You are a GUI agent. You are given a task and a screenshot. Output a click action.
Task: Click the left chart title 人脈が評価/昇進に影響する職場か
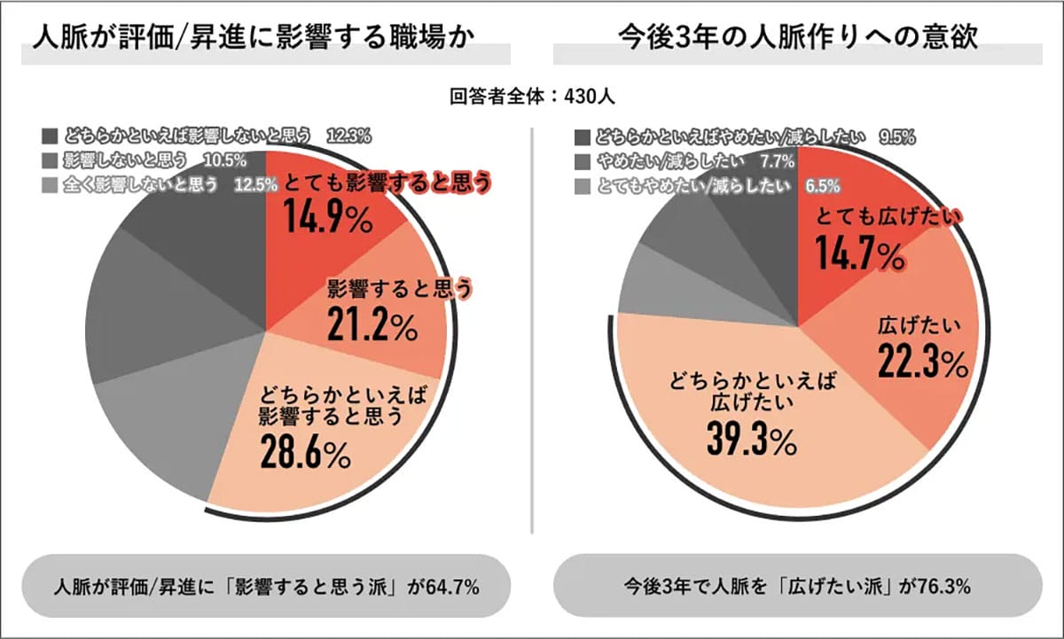click(x=252, y=40)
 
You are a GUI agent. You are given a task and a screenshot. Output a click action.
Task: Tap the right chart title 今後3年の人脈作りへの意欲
click(x=798, y=40)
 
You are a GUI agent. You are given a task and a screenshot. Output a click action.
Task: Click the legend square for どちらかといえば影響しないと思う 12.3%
click(x=50, y=136)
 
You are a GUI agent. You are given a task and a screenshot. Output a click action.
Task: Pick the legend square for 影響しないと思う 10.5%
click(x=50, y=161)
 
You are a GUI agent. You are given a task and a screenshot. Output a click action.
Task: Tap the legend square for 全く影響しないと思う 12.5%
click(x=50, y=185)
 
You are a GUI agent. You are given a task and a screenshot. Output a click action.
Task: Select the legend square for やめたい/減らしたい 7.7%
click(x=582, y=161)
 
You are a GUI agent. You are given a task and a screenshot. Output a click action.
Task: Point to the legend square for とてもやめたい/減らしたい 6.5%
click(x=582, y=185)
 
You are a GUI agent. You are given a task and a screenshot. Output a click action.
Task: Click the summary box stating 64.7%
click(x=266, y=586)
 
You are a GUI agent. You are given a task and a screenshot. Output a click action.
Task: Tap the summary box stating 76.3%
click(x=798, y=586)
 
